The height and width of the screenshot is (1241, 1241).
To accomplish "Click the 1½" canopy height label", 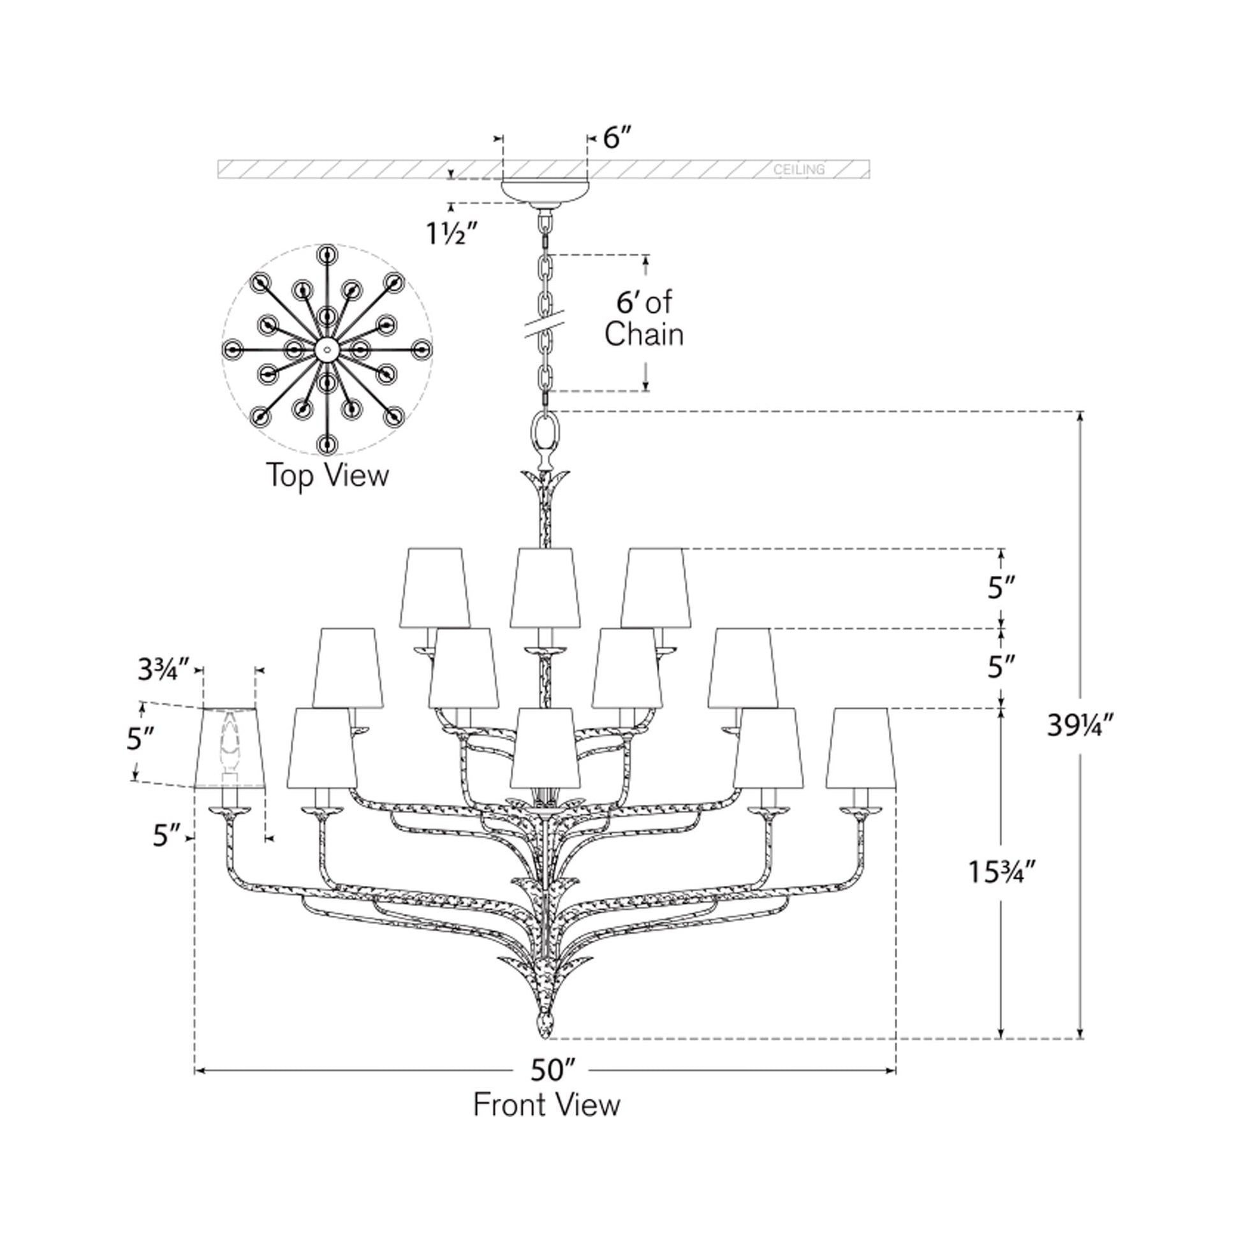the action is click(453, 234).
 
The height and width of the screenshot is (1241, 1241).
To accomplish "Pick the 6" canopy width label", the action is click(617, 138).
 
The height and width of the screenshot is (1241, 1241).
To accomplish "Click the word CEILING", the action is click(799, 170).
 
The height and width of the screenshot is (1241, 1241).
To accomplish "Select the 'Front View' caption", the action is click(547, 1105).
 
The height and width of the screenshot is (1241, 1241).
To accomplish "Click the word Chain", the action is click(643, 334).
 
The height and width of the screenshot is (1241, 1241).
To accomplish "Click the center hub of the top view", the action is click(327, 350).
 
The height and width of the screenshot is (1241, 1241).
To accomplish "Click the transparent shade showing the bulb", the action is click(230, 747).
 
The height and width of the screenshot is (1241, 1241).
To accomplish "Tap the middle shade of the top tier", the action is click(545, 588).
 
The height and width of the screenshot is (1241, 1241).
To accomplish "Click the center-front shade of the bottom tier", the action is click(545, 748).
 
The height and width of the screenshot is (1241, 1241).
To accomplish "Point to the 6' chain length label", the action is click(644, 302).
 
